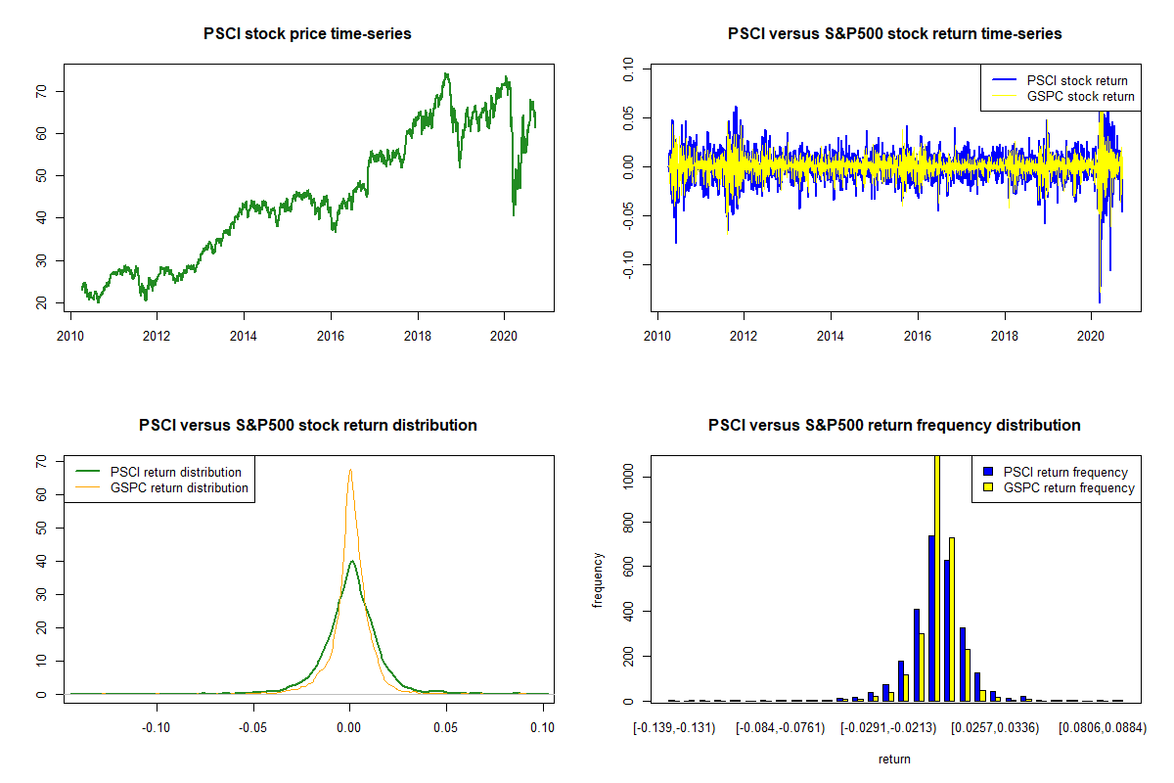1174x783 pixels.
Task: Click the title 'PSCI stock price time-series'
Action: pos(307,34)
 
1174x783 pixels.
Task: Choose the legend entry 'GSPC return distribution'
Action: pos(179,487)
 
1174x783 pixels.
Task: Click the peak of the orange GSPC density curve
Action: pos(349,470)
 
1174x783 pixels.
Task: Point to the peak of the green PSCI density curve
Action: pos(351,561)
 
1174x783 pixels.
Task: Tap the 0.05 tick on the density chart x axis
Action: pos(446,727)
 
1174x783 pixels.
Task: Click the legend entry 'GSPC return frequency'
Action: pos(1068,487)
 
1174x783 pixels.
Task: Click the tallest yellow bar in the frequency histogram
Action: pos(936,577)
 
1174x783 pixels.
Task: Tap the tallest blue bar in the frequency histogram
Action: pos(931,618)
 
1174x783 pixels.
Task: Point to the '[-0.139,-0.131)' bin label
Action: pos(675,727)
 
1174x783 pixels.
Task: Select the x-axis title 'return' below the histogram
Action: pos(894,759)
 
